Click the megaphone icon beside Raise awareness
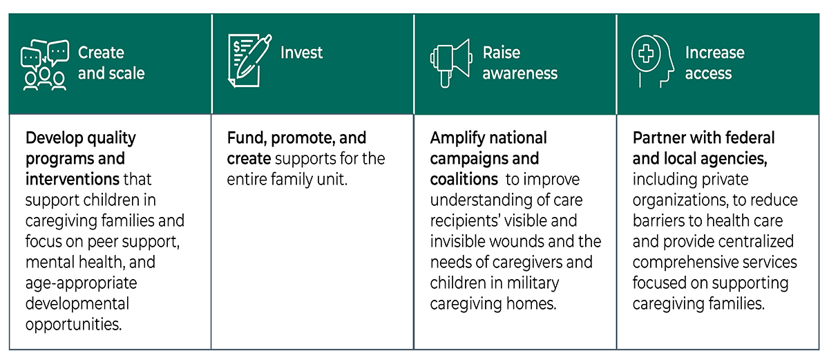pyautogui.click(x=450, y=63)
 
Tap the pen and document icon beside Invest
pyautogui.click(x=250, y=61)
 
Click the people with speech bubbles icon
pyautogui.click(x=45, y=64)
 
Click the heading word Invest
pyautogui.click(x=301, y=53)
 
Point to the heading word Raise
pyautogui.click(x=501, y=53)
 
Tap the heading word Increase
pyautogui.click(x=714, y=53)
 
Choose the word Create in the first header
pyautogui.click(x=101, y=53)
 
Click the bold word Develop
pyautogui.click(x=55, y=138)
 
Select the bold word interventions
pyautogui.click(x=72, y=179)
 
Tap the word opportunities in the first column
pyautogui.click(x=73, y=325)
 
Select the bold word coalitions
pyautogui.click(x=464, y=179)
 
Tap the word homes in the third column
pyautogui.click(x=531, y=304)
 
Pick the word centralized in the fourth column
pyautogui.click(x=752, y=242)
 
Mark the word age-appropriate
pyautogui.click(x=81, y=283)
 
